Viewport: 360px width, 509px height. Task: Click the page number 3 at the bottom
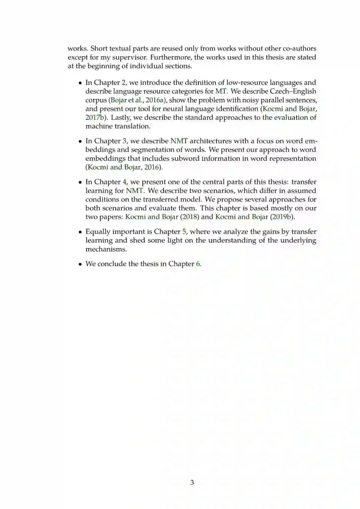pos(192,482)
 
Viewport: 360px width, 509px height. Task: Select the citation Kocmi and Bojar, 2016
pos(124,167)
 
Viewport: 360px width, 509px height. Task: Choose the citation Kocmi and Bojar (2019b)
pos(255,217)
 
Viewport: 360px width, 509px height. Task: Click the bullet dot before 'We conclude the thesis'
pos(80,264)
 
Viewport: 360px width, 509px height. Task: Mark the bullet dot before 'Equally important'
pos(80,232)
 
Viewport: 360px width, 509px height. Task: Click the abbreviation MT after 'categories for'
pos(221,91)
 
